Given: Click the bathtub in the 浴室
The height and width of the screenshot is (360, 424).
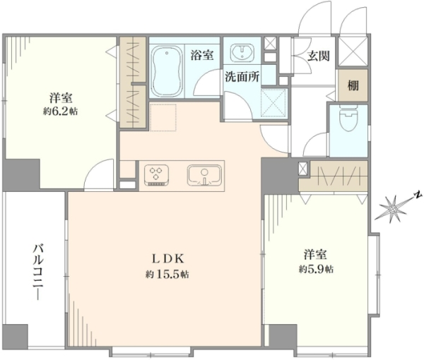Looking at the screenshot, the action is point(167,71).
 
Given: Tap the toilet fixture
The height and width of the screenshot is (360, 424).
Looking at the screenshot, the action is point(348,119).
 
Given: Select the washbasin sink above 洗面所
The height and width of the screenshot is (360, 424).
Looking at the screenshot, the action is point(242,52).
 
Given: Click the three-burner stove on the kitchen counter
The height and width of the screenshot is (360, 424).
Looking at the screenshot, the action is point(156,175).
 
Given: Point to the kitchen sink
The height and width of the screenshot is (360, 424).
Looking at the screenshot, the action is point(204,175).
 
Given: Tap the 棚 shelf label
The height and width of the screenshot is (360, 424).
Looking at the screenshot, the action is point(353,85).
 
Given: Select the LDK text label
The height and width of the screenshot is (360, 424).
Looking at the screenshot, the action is point(167,259).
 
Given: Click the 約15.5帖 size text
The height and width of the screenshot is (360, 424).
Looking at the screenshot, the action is point(167,275).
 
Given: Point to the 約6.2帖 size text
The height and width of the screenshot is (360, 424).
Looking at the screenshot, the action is point(61,111).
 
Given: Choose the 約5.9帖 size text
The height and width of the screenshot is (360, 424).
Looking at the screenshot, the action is point(316,269).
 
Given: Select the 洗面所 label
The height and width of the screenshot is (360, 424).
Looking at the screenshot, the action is point(242,77).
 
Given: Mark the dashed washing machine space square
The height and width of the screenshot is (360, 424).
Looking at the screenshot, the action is point(273,102).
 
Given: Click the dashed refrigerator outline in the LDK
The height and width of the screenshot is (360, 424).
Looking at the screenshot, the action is point(163,117).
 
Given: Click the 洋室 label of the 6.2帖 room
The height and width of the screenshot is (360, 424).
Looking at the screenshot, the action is point(61,97).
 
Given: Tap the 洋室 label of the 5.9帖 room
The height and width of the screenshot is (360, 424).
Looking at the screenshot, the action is point(315,255).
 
